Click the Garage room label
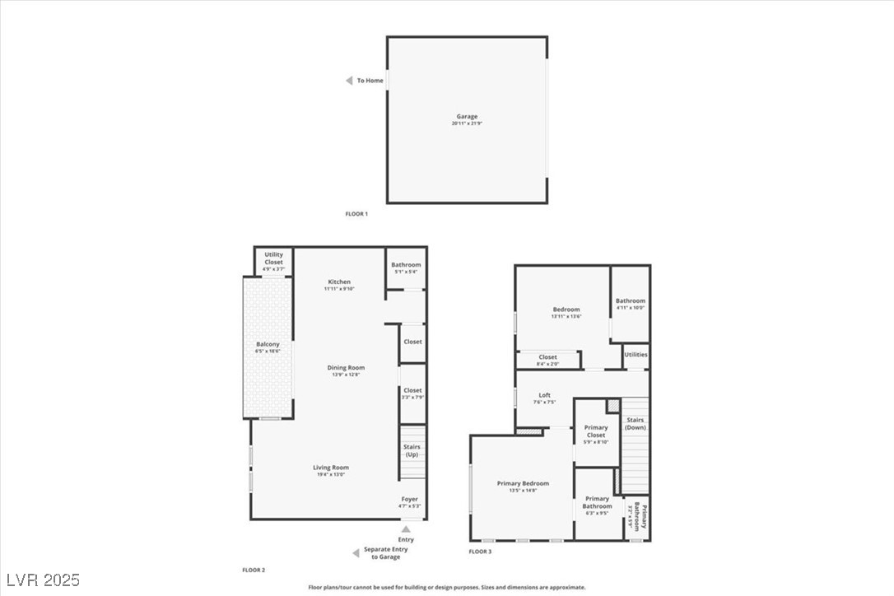467,117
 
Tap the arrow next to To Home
349,81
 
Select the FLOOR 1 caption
356,214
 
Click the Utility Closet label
273,258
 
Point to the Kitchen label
339,282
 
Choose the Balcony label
268,345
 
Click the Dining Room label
346,368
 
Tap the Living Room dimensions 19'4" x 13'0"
331,474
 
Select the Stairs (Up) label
412,451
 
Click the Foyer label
410,500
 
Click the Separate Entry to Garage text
385,553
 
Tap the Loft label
544,395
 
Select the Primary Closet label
596,431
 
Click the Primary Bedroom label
523,484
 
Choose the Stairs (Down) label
636,424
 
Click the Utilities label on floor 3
636,355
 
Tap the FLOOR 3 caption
480,552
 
